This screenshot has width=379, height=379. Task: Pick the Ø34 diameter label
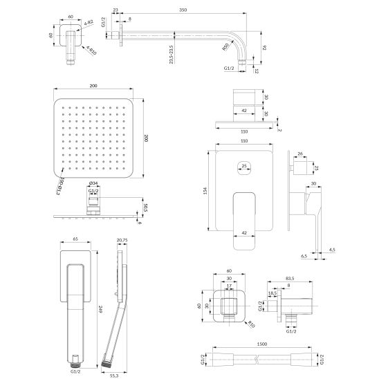click(x=93, y=184)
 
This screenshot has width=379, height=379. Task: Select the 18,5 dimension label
click(x=272, y=293)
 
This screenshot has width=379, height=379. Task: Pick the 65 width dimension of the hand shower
click(x=74, y=238)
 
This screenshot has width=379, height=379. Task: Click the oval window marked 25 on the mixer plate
click(x=242, y=166)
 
